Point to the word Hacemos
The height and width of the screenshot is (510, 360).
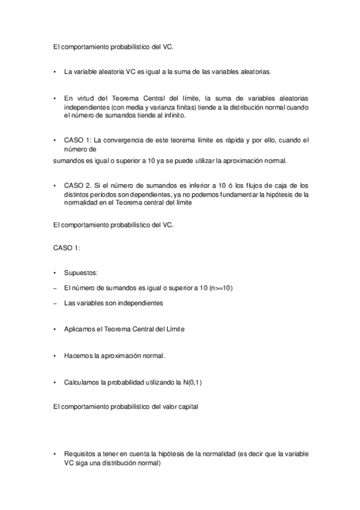[x=78, y=355]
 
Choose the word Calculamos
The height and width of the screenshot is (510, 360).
[x=82, y=382]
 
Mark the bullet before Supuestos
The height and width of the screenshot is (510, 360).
[x=55, y=273]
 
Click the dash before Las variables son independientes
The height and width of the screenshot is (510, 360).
[x=55, y=303]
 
